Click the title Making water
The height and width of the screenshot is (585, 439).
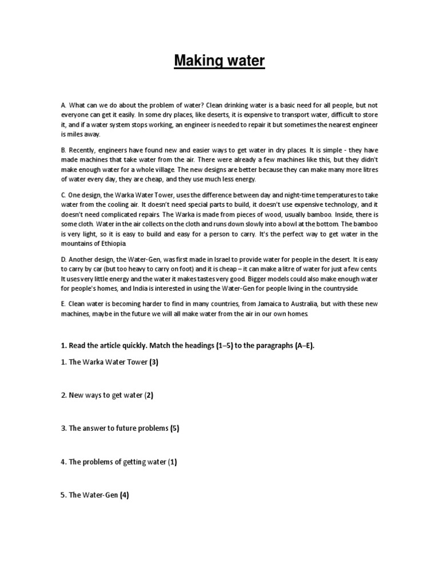click(x=219, y=61)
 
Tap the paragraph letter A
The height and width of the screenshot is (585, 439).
click(x=63, y=106)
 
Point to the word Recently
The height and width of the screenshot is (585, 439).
click(x=83, y=150)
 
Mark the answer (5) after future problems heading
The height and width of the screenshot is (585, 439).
click(x=175, y=428)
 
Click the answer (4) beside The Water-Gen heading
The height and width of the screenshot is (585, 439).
click(x=124, y=495)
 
